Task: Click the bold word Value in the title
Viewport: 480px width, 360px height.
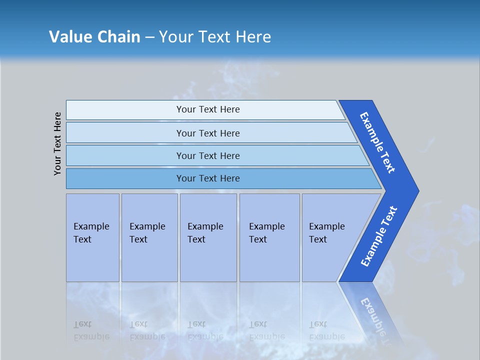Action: point(70,37)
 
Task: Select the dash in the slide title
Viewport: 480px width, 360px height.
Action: point(149,37)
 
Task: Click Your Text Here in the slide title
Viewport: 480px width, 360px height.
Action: point(215,37)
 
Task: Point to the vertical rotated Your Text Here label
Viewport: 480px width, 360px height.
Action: point(57,143)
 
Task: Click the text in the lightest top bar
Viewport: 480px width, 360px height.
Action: point(208,109)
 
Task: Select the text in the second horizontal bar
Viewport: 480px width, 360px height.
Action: point(208,133)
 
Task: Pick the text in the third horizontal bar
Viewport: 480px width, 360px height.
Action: point(208,155)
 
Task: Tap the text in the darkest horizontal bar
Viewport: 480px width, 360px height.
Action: point(208,178)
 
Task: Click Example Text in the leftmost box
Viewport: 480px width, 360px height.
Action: point(91,233)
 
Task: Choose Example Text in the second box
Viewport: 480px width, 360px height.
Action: point(147,233)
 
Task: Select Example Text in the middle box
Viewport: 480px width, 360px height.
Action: point(205,233)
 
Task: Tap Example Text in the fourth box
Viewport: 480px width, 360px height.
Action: point(266,233)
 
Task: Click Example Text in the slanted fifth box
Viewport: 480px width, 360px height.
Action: point(326,233)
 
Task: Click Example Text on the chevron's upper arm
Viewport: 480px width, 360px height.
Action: point(377,142)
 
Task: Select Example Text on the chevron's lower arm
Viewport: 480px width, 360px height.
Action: point(379,236)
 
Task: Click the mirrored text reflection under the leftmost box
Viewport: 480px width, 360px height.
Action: point(91,330)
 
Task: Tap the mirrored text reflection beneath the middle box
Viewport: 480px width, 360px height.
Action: point(205,330)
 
